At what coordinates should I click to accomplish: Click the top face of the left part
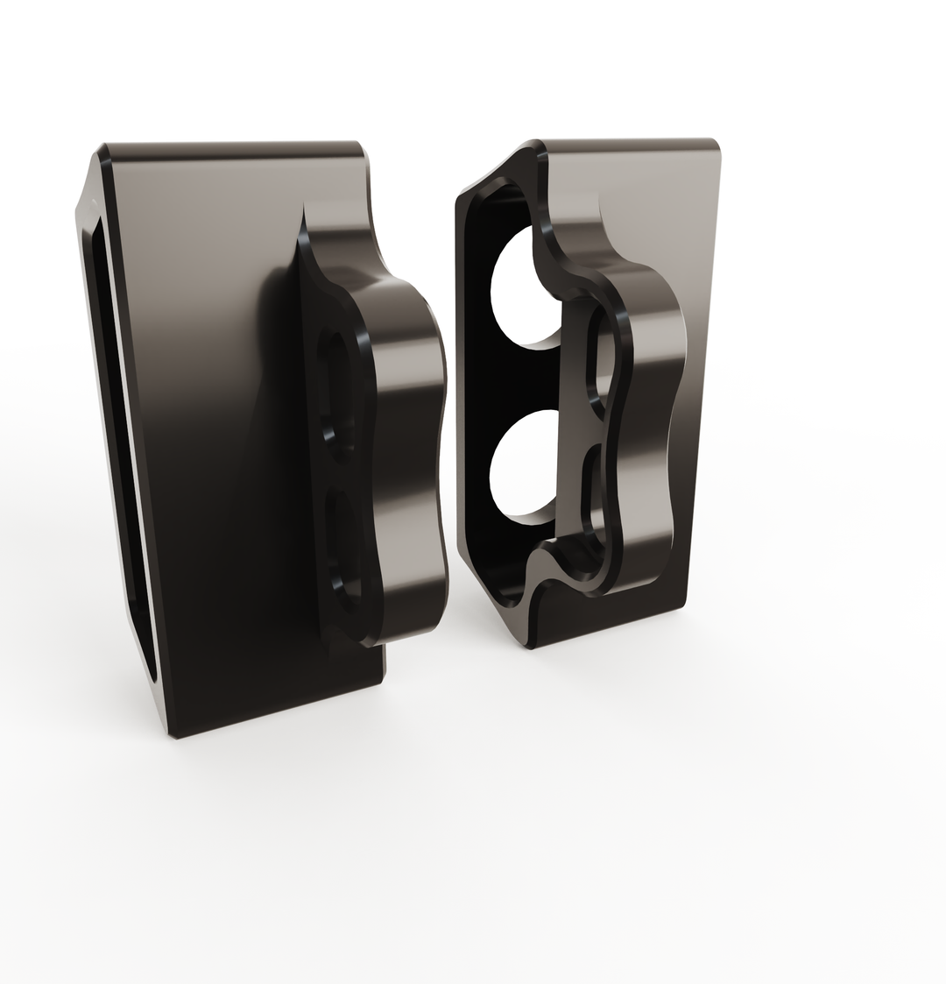coord(232,150)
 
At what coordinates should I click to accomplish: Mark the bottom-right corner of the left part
coord(383,679)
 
